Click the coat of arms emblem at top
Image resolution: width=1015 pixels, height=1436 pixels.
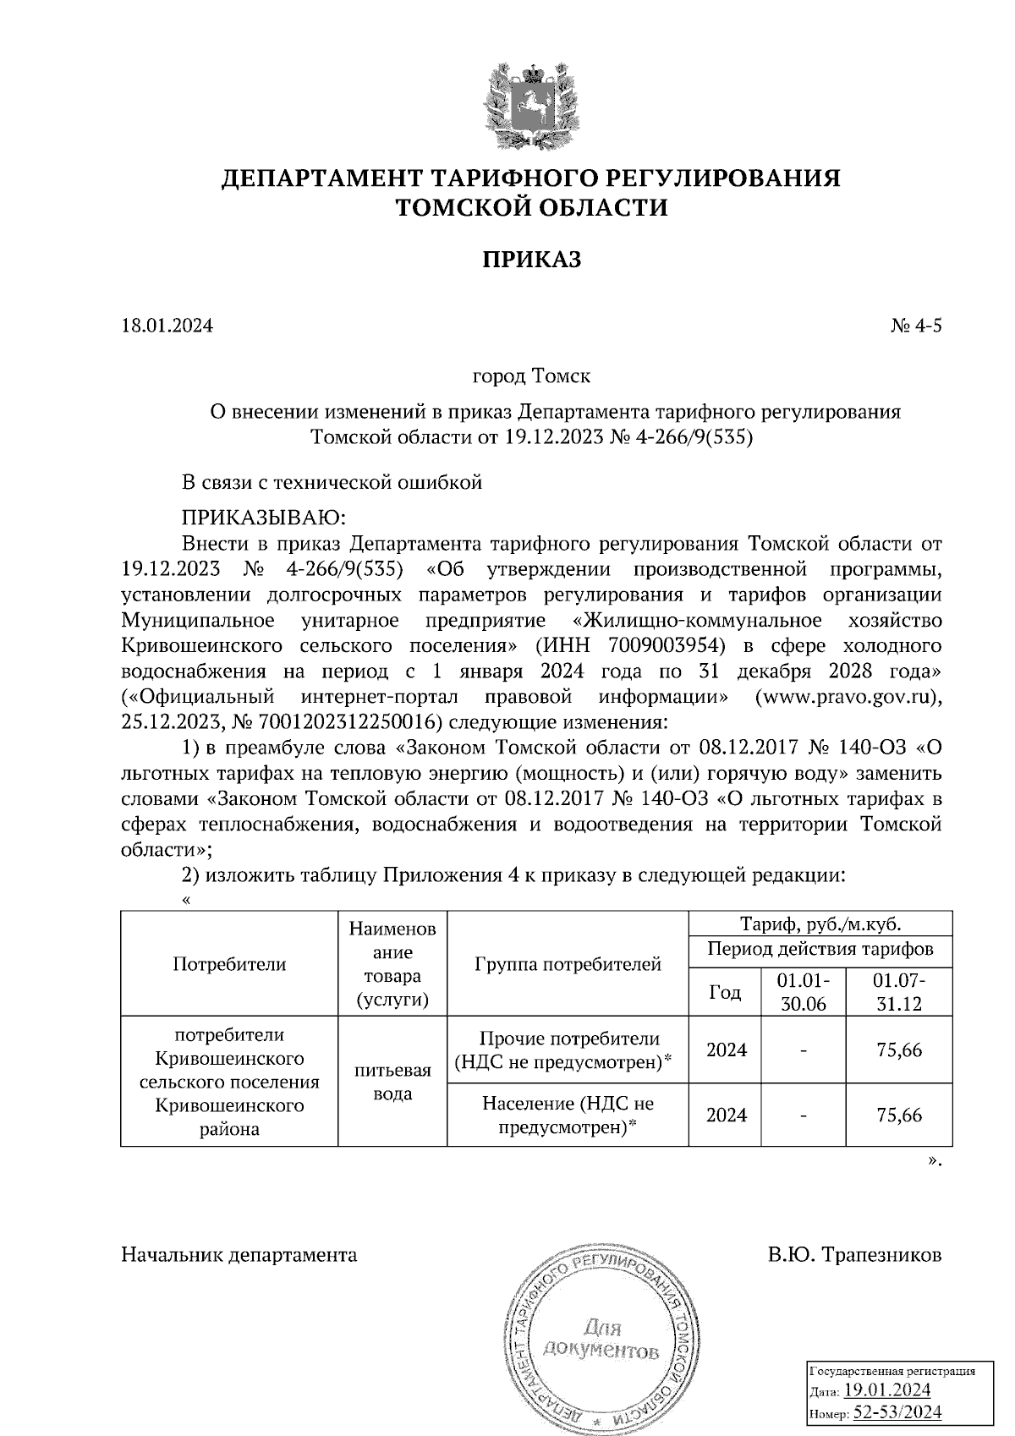(531, 105)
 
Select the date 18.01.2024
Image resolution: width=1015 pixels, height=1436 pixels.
(167, 326)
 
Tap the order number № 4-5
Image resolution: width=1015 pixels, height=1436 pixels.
(915, 326)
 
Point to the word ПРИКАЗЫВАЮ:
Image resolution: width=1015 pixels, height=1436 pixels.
(265, 517)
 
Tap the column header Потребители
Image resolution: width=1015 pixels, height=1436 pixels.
(229, 963)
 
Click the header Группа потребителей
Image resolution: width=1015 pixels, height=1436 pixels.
(568, 963)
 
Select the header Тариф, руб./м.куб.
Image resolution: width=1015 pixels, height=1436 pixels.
(820, 924)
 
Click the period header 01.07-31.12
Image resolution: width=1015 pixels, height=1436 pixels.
(899, 992)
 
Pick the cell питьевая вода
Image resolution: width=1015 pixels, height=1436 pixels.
(392, 1082)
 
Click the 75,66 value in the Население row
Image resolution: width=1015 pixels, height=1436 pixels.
(899, 1115)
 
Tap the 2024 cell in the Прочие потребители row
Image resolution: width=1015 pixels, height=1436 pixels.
(727, 1050)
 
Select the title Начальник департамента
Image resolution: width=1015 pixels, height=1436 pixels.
(239, 1255)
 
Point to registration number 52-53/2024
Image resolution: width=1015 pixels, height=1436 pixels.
(898, 1412)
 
